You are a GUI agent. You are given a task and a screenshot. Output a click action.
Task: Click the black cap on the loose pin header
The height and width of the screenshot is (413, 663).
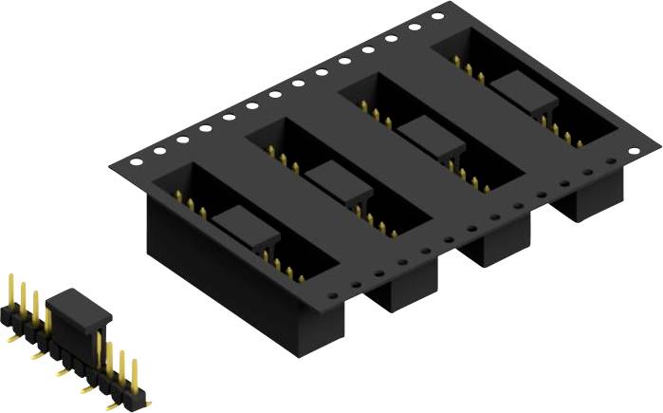tap(79, 310)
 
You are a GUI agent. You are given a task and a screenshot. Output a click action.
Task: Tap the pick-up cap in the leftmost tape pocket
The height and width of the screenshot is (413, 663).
tap(244, 229)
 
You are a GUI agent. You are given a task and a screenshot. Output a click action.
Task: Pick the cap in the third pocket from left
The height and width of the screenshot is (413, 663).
tap(430, 133)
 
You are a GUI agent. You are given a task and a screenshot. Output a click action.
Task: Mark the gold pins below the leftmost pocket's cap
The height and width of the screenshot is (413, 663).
tap(285, 267)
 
